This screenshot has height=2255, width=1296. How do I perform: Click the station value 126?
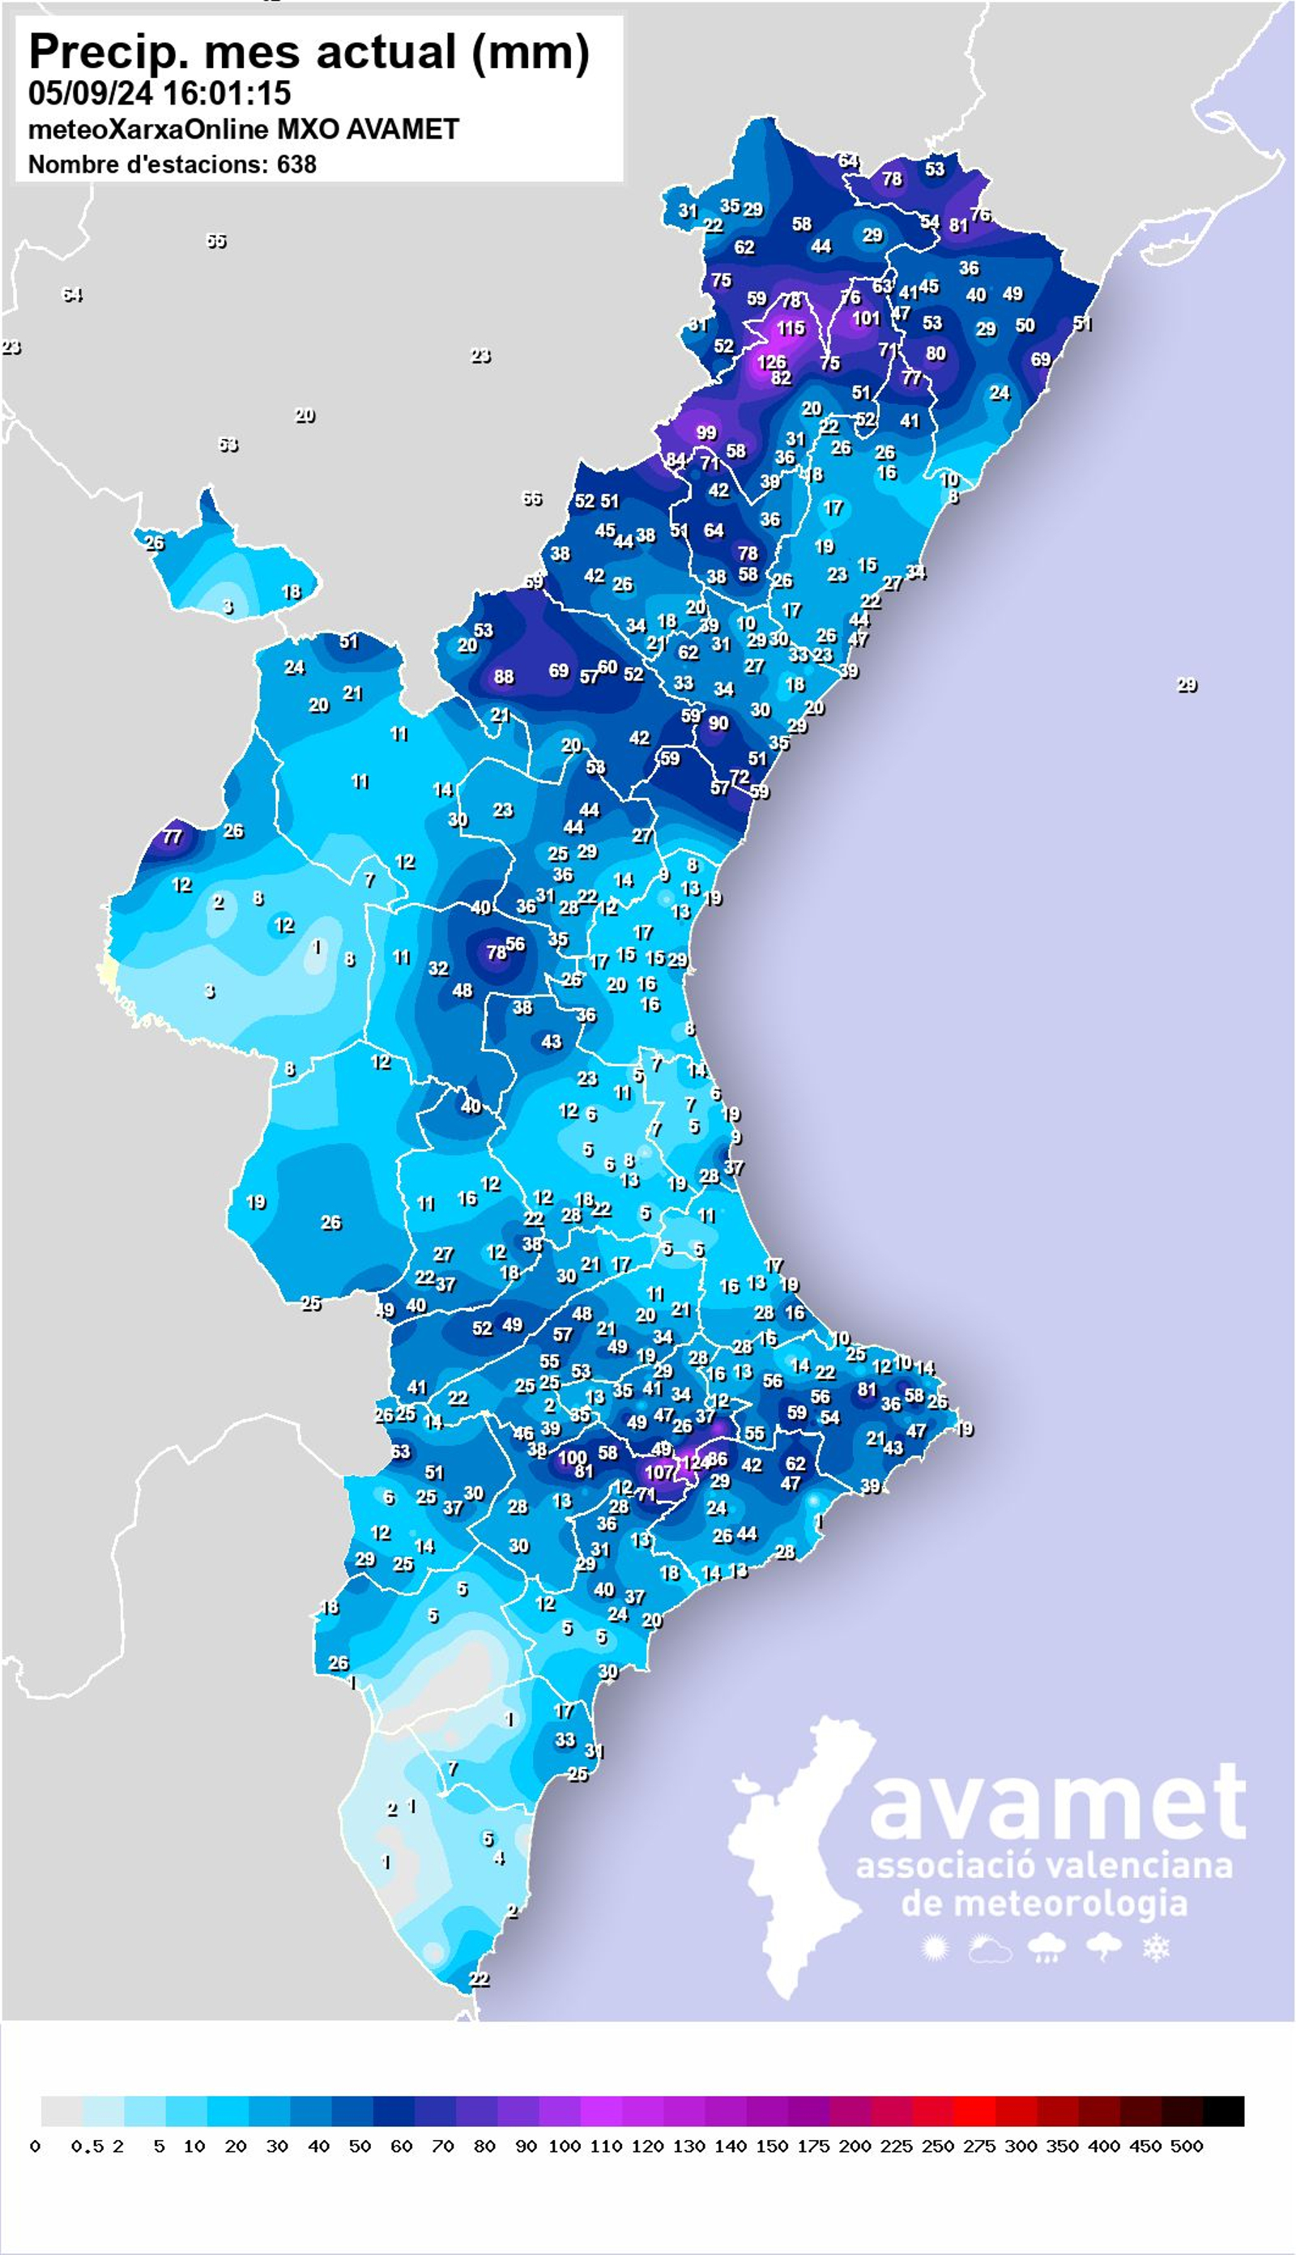click(771, 362)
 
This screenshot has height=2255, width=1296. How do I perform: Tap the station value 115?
click(790, 328)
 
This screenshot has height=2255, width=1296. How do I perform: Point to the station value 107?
click(659, 1472)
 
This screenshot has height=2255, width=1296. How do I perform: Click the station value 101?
click(865, 318)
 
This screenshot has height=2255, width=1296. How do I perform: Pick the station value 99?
click(706, 433)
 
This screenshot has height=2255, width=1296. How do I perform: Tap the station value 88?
click(504, 676)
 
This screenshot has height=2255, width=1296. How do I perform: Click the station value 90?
click(718, 723)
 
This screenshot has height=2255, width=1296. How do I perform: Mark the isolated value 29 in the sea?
click(1187, 685)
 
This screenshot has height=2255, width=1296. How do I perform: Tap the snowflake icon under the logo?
click(1156, 1949)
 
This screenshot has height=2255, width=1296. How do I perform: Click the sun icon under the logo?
click(934, 1949)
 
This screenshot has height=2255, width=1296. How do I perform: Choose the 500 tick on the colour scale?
click(1187, 2146)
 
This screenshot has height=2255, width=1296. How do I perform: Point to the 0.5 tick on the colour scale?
click(87, 2146)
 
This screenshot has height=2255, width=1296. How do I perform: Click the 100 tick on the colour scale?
click(565, 2146)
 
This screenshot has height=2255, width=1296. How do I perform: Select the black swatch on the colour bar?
click(1223, 2111)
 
